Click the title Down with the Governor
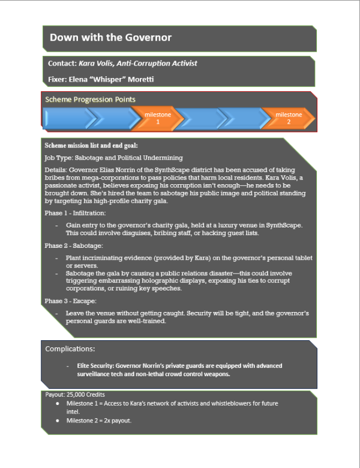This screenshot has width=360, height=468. click(x=110, y=38)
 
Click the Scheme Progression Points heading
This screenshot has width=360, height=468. click(x=91, y=100)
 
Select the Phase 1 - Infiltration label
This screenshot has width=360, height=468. click(x=75, y=213)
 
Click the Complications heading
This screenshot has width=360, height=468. click(x=70, y=349)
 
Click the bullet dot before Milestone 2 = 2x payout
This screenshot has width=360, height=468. click(x=56, y=421)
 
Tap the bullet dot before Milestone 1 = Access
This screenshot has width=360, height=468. click(x=56, y=404)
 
